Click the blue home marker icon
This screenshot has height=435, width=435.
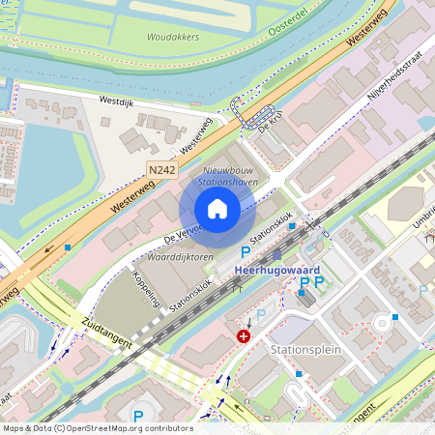click(x=217, y=208)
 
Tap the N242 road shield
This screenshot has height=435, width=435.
click(x=162, y=170)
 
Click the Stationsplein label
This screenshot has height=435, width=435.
click(x=306, y=348)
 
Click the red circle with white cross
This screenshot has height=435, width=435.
click(x=245, y=336)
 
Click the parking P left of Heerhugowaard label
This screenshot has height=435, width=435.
click(x=232, y=251)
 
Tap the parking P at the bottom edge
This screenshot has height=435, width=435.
click(x=137, y=417)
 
